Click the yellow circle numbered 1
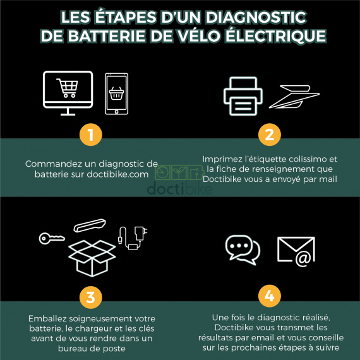pyautogui.click(x=91, y=135)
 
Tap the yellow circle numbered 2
pyautogui.click(x=269, y=135)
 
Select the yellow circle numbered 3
pyautogui.click(x=91, y=295)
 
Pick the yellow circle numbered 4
pyautogui.click(x=269, y=295)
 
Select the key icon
pyautogui.click(x=50, y=238)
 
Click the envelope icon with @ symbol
pyautogui.click(x=296, y=250)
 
